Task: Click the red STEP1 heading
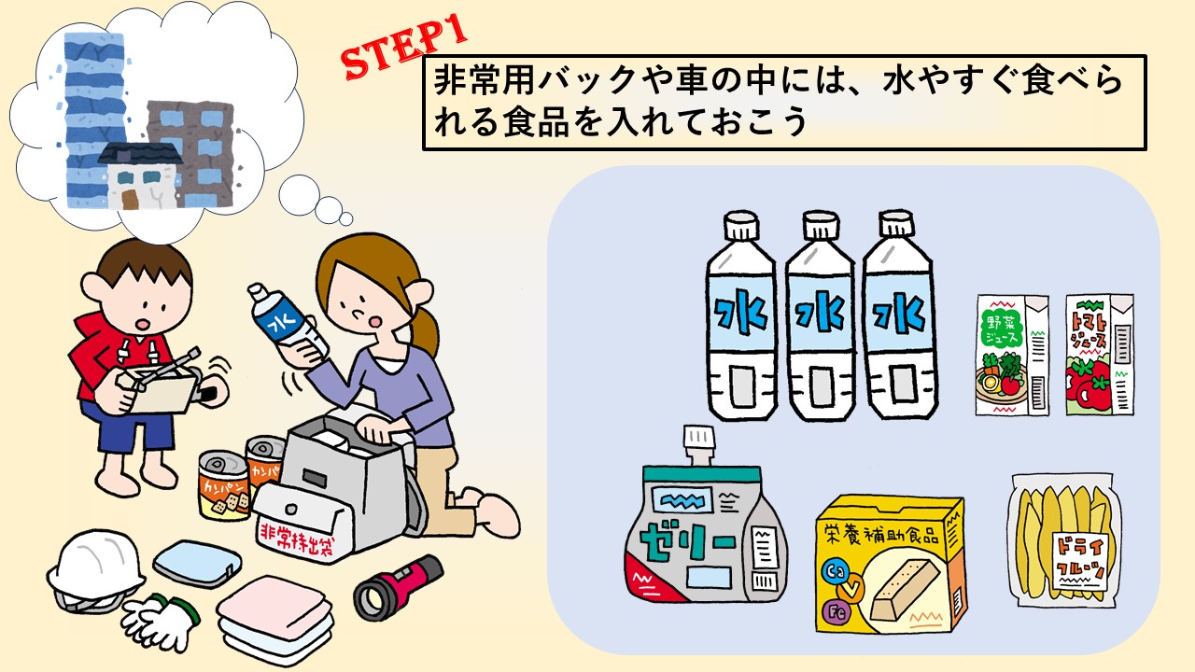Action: coord(404,47)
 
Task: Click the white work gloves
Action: coord(160,622)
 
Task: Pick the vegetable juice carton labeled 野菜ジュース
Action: coord(1012,355)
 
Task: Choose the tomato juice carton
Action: coord(1100,355)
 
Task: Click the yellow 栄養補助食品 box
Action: coord(891,565)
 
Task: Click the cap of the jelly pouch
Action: coord(699,442)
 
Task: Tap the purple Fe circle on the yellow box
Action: coord(836,611)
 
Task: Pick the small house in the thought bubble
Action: coord(140,176)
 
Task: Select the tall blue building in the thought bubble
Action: coord(95,120)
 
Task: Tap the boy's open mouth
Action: coord(141,324)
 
